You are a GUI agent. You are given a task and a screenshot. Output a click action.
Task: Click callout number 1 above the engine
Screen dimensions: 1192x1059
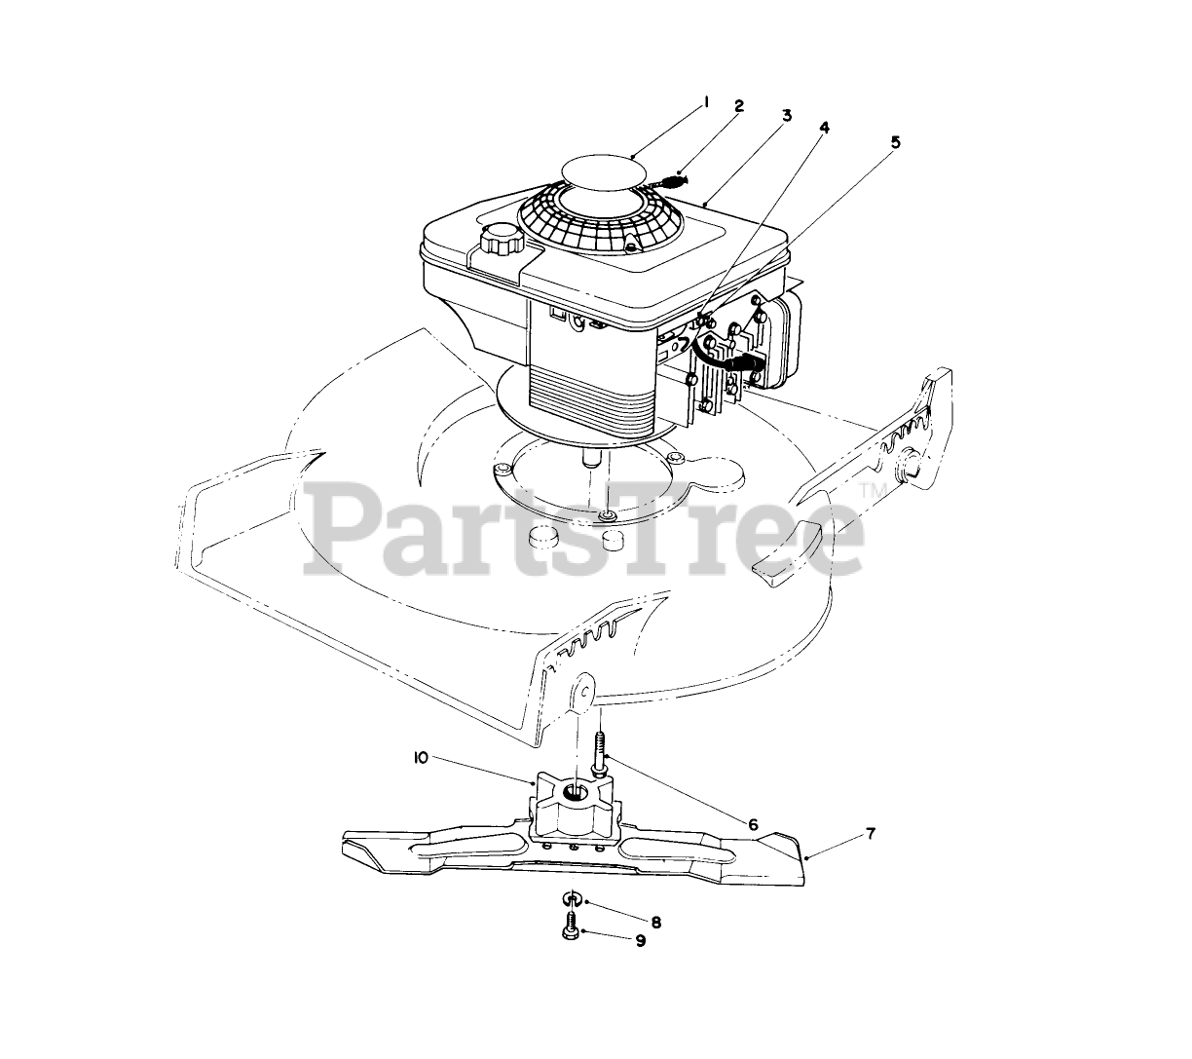click(707, 101)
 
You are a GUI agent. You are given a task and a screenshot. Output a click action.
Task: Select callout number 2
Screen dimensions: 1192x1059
click(739, 106)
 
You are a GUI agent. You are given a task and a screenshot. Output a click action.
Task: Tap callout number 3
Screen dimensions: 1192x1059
click(786, 115)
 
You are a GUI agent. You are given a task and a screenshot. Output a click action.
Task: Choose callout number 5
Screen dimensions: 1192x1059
click(895, 142)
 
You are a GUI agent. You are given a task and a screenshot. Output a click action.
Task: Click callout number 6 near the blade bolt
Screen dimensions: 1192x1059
click(753, 824)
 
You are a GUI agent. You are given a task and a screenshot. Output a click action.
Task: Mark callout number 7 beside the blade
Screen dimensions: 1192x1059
click(871, 834)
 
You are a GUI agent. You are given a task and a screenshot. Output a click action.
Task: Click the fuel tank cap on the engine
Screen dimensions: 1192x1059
click(502, 236)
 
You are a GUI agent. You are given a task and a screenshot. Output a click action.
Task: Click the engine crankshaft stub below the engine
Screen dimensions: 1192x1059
click(592, 456)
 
